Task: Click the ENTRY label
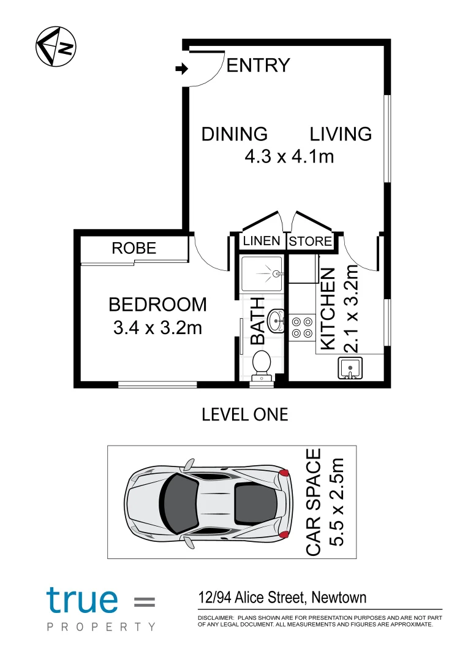[x=258, y=66]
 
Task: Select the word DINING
[x=235, y=134]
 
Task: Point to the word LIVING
[x=341, y=134]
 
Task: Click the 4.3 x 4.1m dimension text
[x=289, y=157]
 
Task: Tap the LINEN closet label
[x=262, y=241]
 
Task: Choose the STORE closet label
[x=311, y=241]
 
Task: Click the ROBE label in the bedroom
[x=134, y=248]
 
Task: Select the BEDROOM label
[x=157, y=304]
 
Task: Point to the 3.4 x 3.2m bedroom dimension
[x=157, y=329]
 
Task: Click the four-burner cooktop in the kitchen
[x=301, y=327]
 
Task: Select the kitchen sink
[x=349, y=368]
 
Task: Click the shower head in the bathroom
[x=277, y=274]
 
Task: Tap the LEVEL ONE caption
[x=244, y=414]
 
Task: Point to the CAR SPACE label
[x=313, y=502]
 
